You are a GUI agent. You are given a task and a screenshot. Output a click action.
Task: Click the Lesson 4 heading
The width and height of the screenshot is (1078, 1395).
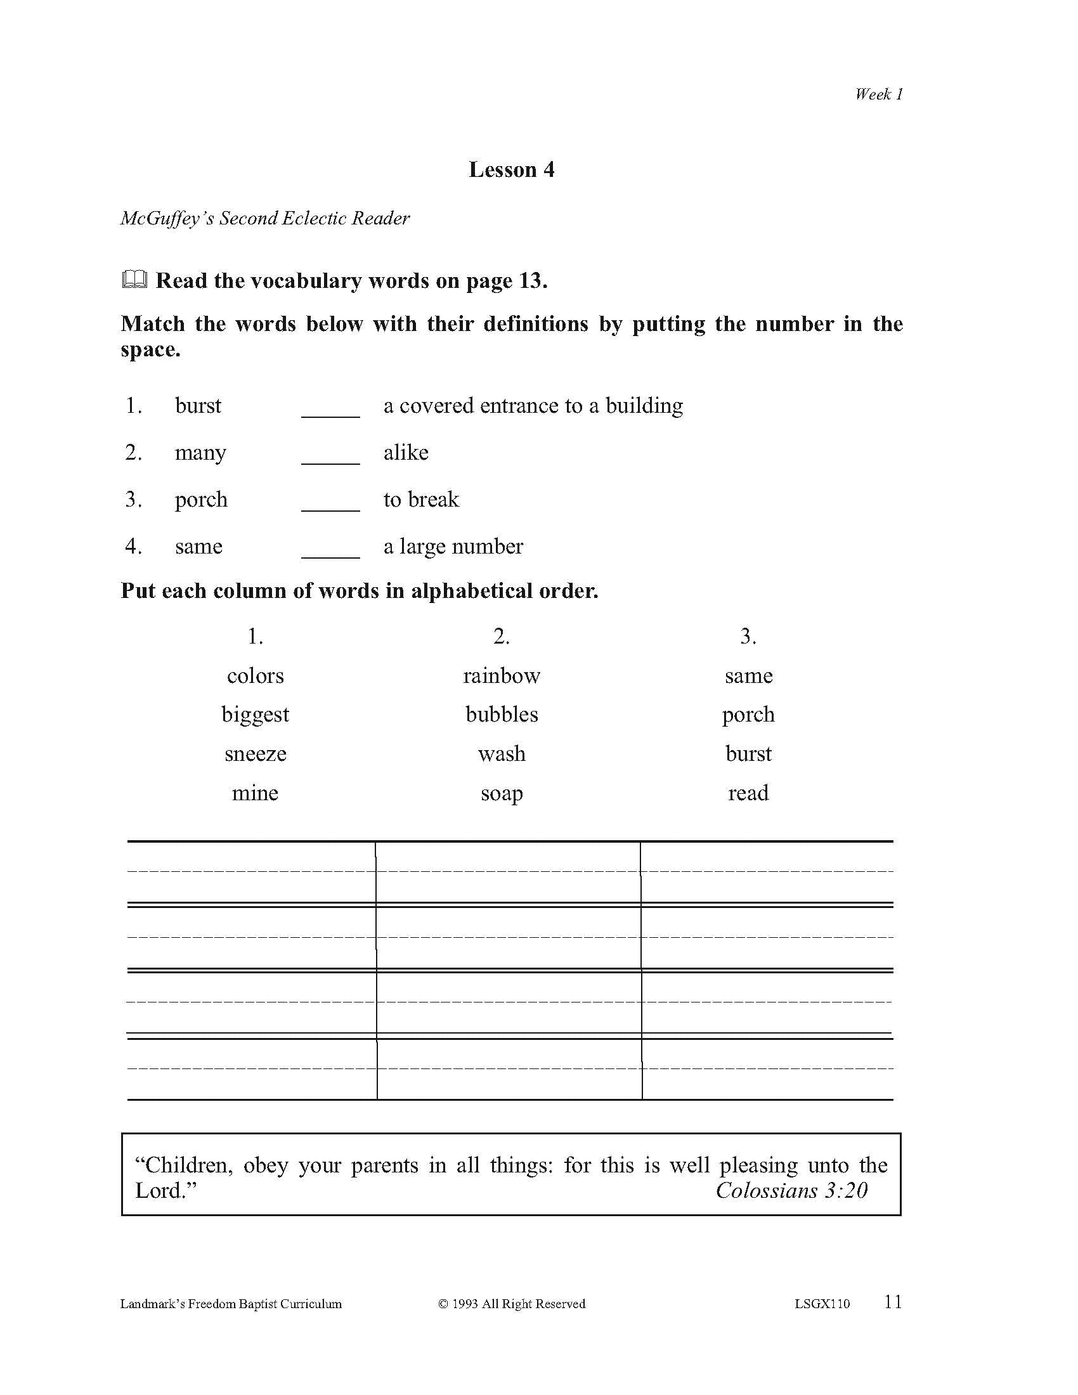click(511, 169)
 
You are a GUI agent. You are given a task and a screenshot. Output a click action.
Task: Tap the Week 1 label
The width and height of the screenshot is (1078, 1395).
click(879, 94)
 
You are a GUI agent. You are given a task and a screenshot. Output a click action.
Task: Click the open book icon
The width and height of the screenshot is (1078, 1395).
click(134, 280)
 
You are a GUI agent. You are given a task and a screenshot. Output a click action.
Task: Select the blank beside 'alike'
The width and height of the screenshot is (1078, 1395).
click(330, 455)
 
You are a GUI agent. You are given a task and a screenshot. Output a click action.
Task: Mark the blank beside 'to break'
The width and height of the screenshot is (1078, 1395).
click(330, 502)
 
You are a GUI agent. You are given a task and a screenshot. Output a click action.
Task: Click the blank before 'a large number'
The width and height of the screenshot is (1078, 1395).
click(330, 548)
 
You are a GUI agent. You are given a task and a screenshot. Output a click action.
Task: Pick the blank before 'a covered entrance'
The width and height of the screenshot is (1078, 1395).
click(330, 408)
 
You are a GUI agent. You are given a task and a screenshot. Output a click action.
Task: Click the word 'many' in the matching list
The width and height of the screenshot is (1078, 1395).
click(200, 453)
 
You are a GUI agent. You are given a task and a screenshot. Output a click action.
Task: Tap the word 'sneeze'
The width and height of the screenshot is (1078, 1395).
click(256, 754)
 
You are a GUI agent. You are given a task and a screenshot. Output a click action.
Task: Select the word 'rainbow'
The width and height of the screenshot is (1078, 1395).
click(502, 676)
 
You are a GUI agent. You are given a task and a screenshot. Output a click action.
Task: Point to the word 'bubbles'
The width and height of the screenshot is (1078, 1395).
click(502, 714)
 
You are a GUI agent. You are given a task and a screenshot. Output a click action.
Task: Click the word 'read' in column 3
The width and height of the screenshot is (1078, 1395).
click(748, 793)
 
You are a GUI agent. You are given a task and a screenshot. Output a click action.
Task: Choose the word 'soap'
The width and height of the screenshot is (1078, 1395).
click(502, 793)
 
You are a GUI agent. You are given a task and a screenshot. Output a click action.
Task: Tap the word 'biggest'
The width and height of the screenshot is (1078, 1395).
click(256, 715)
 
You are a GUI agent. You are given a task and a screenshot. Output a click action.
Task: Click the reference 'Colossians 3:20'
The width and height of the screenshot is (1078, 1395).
click(791, 1191)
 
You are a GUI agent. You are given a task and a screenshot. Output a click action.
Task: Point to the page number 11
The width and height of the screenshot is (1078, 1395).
click(893, 1302)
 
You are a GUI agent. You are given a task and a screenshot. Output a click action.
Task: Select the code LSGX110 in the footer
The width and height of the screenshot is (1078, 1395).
click(822, 1304)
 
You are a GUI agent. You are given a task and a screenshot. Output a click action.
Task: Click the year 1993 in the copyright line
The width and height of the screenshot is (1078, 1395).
click(465, 1304)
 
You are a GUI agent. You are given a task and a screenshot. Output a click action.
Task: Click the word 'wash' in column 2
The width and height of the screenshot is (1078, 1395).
click(502, 754)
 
